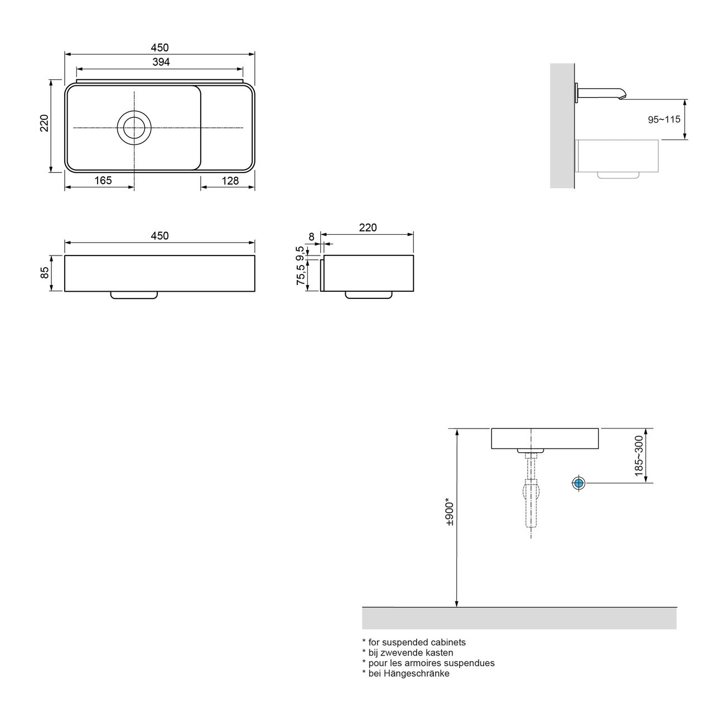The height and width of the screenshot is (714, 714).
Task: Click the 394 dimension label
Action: click(161, 62)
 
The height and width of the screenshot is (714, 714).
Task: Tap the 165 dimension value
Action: click(103, 180)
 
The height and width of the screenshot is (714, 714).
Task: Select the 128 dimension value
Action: click(230, 180)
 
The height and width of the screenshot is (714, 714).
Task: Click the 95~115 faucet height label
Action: click(664, 120)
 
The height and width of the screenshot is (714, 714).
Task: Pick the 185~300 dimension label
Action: click(639, 456)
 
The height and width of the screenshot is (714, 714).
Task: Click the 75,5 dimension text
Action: click(301, 275)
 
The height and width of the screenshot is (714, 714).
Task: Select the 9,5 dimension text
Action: click(301, 253)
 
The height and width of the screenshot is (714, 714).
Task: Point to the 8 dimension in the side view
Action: click(311, 237)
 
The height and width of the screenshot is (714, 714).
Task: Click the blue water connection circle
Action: click(578, 483)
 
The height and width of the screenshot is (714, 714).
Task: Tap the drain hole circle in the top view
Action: click(134, 128)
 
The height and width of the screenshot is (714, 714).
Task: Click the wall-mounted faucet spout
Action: click(602, 92)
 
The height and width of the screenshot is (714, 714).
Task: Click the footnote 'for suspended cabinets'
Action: click(414, 642)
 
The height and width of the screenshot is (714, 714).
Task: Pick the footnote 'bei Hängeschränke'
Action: click(406, 673)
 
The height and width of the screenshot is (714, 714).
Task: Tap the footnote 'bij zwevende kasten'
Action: click(408, 653)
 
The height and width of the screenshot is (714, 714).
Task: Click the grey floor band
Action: click(519, 618)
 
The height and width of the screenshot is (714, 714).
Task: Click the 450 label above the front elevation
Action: click(160, 236)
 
